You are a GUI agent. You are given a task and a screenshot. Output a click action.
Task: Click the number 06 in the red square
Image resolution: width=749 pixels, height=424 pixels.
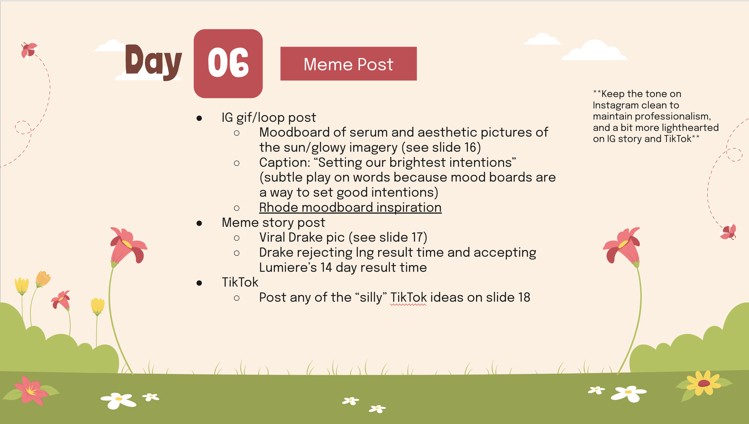(x=228, y=63)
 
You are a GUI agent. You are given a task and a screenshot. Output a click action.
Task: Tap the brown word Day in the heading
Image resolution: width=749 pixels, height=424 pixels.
(x=154, y=62)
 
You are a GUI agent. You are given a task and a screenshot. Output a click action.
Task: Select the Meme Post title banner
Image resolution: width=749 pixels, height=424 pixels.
(x=348, y=64)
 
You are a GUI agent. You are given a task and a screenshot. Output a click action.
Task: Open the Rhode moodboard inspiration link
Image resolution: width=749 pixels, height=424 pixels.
(x=350, y=208)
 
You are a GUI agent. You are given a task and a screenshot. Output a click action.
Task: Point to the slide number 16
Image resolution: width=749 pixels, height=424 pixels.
(x=471, y=148)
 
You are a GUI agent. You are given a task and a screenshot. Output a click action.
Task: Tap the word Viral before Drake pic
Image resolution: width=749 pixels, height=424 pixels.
(x=272, y=237)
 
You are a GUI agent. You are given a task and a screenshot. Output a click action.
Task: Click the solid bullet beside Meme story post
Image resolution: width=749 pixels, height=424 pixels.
(x=199, y=223)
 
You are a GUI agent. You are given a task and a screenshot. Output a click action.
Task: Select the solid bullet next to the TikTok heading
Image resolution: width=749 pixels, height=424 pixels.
(x=199, y=283)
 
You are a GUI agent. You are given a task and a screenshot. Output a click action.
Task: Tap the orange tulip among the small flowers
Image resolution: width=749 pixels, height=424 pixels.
(x=43, y=279)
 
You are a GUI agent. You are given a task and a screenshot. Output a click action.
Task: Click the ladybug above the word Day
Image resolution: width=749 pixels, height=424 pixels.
(x=29, y=50)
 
